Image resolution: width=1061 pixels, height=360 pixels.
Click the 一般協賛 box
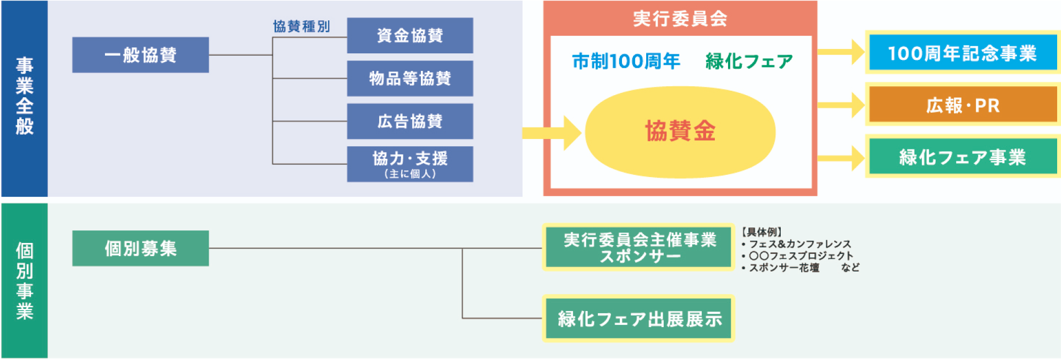[140, 55]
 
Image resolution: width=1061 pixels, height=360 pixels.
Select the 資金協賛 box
[410, 36]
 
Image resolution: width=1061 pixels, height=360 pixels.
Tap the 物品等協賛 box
[410, 79]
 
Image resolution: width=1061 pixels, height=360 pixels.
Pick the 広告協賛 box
[410, 121]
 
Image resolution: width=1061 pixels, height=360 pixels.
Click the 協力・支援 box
[410, 164]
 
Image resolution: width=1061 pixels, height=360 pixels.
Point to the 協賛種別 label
[302, 26]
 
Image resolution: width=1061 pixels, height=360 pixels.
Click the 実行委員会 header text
[680, 19]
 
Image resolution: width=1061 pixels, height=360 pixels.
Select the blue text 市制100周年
[626, 61]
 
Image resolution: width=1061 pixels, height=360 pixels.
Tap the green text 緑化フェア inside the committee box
[749, 61]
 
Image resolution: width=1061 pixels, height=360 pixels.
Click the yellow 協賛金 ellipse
[680, 132]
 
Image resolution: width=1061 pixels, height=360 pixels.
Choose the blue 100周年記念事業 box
[962, 53]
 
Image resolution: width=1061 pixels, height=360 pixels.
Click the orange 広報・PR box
[962, 105]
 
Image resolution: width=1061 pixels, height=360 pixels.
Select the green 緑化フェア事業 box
[962, 157]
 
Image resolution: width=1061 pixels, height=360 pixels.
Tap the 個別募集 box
[140, 248]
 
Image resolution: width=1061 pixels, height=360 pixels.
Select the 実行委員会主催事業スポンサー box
[639, 247]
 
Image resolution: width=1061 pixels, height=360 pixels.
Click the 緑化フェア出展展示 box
[639, 319]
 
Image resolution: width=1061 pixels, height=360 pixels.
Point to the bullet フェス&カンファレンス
[799, 244]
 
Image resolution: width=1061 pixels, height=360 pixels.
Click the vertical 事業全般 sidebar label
[24, 96]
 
